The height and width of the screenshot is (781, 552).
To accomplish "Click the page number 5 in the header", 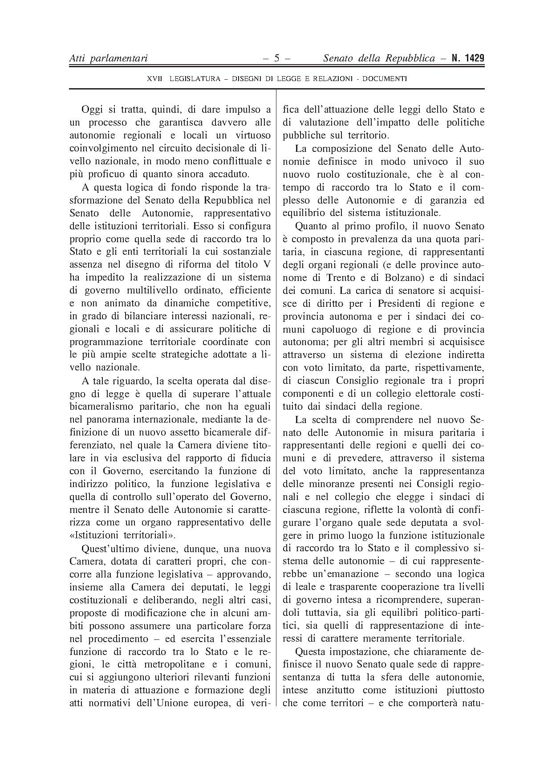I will pyautogui.click(x=276, y=58).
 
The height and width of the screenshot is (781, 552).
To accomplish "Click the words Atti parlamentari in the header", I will pyautogui.click(x=108, y=58).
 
